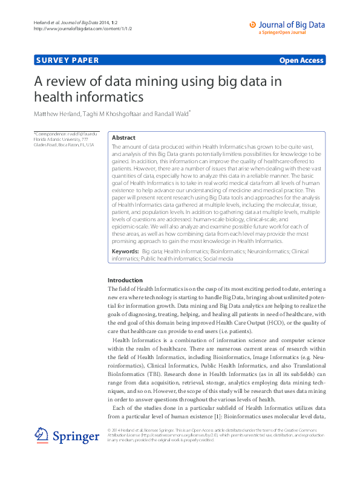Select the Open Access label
click(301, 60)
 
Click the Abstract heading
click(123, 138)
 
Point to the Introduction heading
click(125, 281)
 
